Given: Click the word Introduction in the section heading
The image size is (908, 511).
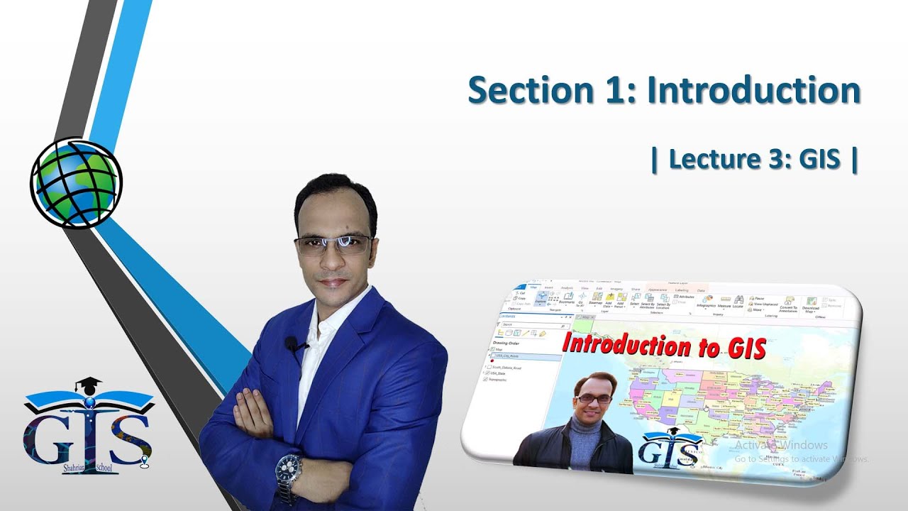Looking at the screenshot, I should (754, 91).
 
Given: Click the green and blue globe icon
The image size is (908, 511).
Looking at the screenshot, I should (76, 182).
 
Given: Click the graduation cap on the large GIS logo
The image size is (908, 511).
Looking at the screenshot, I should (88, 385).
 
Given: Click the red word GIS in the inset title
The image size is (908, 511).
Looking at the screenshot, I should (745, 348).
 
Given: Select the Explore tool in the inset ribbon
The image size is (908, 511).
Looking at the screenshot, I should (541, 299).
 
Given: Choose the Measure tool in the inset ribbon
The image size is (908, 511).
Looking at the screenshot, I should (724, 303).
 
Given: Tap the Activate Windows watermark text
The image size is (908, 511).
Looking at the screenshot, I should (781, 445).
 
